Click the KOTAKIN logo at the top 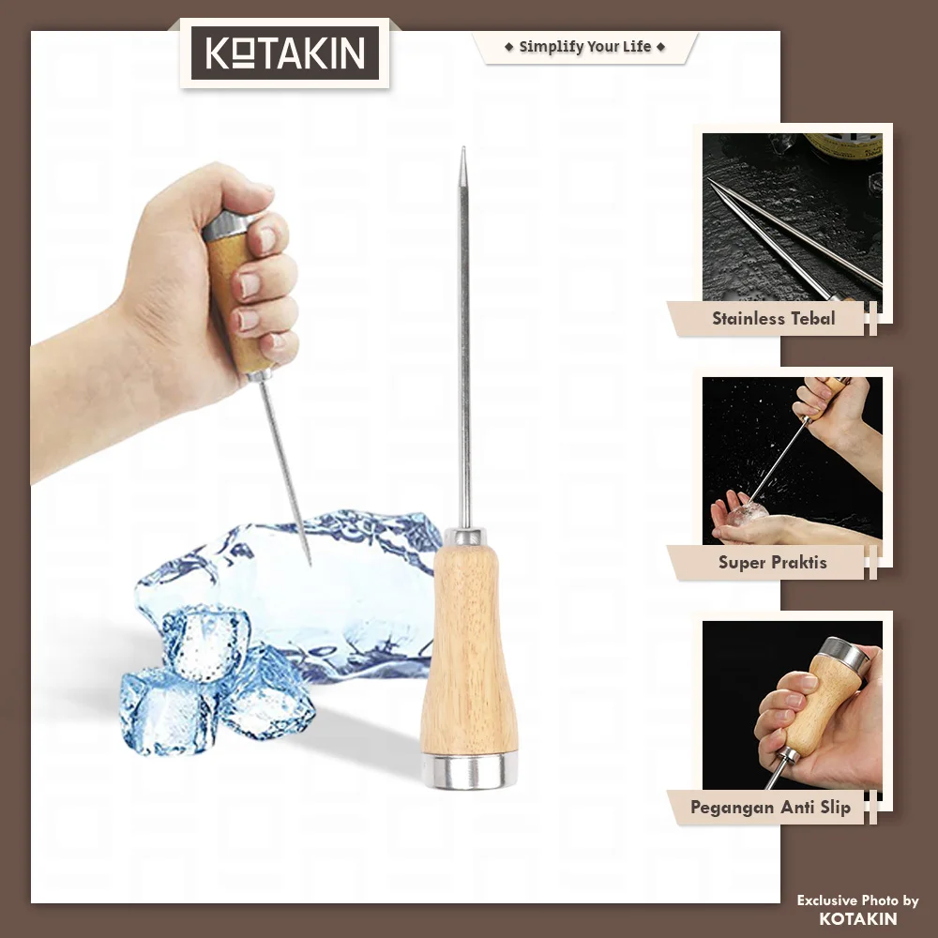(285, 53)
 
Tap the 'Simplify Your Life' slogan (585, 47)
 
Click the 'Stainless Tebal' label (773, 318)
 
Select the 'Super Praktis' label (772, 562)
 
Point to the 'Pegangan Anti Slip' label (770, 808)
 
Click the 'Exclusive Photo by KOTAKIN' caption (857, 909)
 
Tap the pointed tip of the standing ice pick (463, 148)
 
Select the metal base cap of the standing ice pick (469, 771)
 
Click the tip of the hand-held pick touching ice (310, 564)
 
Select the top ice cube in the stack (206, 643)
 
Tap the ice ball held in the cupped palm (747, 513)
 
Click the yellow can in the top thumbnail (843, 146)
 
